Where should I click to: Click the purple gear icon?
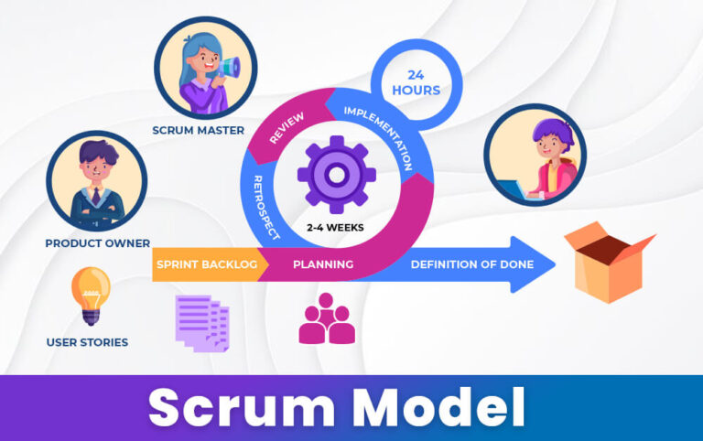[336, 174]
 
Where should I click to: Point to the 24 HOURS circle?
[416, 82]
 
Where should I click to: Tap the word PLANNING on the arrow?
[323, 264]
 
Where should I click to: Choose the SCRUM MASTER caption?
[199, 130]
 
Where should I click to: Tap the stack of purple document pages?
[202, 321]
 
